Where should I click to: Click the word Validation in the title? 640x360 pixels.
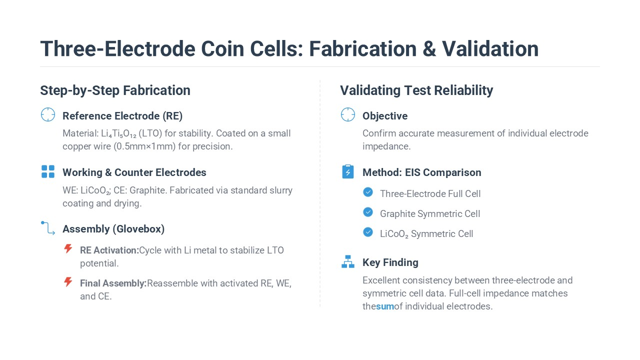click(x=490, y=48)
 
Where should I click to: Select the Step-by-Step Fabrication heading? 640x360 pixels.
click(x=115, y=90)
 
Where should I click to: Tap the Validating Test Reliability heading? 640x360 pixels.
click(x=416, y=90)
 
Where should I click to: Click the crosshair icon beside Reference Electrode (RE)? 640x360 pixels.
click(x=48, y=114)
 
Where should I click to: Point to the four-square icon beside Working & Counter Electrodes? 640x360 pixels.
click(x=48, y=171)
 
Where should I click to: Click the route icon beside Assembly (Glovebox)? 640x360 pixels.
click(x=48, y=227)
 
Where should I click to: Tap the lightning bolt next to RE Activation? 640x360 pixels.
click(x=68, y=248)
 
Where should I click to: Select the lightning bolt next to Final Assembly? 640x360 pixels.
click(x=68, y=281)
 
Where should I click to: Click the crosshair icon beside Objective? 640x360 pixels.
click(x=348, y=114)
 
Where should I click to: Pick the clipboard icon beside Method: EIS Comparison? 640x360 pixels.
click(x=348, y=171)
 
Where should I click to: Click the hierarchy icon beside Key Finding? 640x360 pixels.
click(x=348, y=261)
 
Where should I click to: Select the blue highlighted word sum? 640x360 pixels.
click(x=385, y=306)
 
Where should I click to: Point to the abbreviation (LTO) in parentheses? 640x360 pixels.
click(x=150, y=133)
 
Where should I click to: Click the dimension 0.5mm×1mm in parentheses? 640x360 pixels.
click(x=144, y=146)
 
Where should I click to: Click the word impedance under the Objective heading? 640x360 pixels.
click(x=386, y=146)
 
